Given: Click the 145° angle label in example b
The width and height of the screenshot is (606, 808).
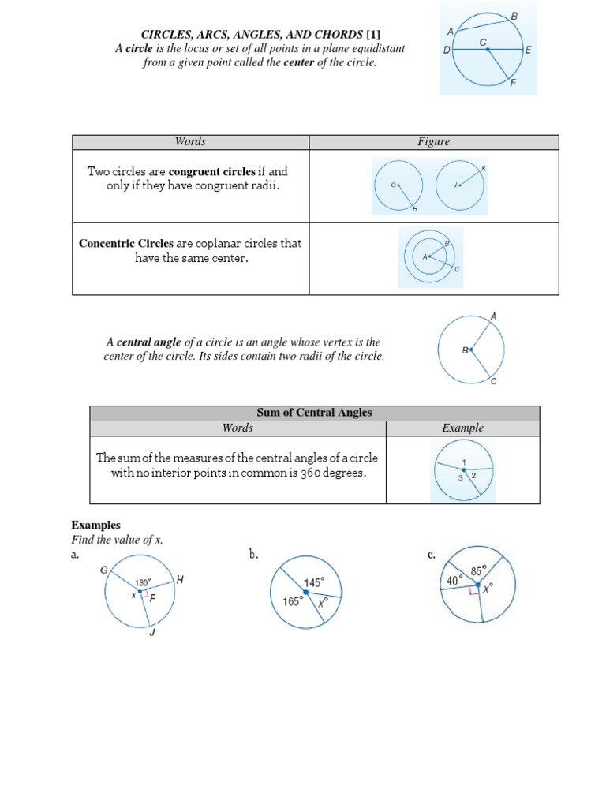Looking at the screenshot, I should pyautogui.click(x=314, y=582).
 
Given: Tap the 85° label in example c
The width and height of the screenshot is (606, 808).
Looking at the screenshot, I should pyautogui.click(x=480, y=570).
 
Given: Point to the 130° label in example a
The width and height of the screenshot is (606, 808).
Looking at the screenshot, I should pyautogui.click(x=143, y=583).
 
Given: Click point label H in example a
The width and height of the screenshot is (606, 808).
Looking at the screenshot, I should pyautogui.click(x=179, y=580).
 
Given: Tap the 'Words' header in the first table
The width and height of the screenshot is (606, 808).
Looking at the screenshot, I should pyautogui.click(x=190, y=141).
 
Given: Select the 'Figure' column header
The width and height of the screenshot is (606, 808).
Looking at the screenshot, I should pyautogui.click(x=433, y=141).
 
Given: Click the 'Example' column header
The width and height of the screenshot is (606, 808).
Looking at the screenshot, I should pyautogui.click(x=462, y=428).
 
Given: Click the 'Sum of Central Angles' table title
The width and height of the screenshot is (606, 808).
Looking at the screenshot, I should pyautogui.click(x=314, y=413).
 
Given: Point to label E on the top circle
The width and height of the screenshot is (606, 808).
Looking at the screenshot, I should pyautogui.click(x=528, y=49).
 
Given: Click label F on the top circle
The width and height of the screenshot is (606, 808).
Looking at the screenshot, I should pyautogui.click(x=514, y=82).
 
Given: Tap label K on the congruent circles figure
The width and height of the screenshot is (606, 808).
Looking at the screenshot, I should pyautogui.click(x=484, y=169).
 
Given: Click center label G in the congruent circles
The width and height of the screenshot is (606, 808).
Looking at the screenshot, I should pyautogui.click(x=392, y=185).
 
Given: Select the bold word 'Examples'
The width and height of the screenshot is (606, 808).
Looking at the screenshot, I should pyautogui.click(x=95, y=525).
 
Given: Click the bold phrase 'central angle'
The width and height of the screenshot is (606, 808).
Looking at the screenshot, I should pyautogui.click(x=149, y=342).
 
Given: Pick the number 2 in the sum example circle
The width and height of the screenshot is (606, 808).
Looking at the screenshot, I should pyautogui.click(x=473, y=476).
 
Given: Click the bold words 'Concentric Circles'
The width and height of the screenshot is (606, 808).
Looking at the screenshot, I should pyautogui.click(x=126, y=243).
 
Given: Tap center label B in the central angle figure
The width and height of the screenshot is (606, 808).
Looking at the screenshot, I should pyautogui.click(x=466, y=350).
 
